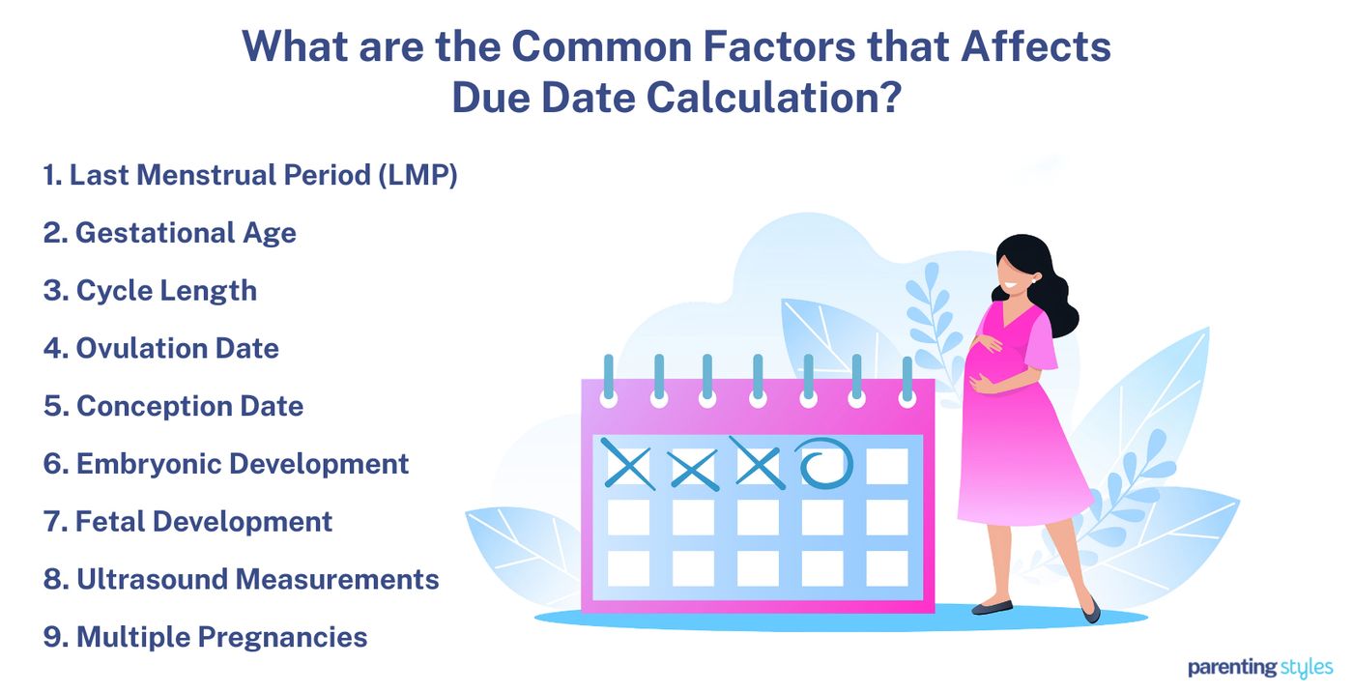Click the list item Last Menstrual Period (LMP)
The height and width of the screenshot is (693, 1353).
pyautogui.click(x=250, y=176)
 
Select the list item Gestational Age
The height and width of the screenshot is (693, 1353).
pyautogui.click(x=170, y=233)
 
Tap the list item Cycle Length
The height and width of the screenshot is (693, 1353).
pyautogui.click(x=151, y=291)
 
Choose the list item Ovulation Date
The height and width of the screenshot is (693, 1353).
pyautogui.click(x=161, y=348)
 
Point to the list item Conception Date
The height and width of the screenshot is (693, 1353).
pyautogui.click(x=174, y=406)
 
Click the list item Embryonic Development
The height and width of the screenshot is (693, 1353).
pyautogui.click(x=227, y=464)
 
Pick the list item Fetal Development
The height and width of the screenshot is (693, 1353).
pyautogui.click(x=188, y=522)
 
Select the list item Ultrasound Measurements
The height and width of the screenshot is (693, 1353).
pyautogui.click(x=242, y=580)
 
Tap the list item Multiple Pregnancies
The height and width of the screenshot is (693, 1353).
pyautogui.click(x=206, y=638)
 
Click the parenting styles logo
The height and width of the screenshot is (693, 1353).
pyautogui.click(x=1259, y=668)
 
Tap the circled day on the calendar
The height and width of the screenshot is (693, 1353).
pyautogui.click(x=825, y=464)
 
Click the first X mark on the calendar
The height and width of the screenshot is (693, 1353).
pyautogui.click(x=627, y=463)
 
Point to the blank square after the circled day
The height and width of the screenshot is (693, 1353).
pyautogui.click(x=886, y=466)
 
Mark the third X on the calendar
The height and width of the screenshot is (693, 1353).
pyautogui.click(x=758, y=461)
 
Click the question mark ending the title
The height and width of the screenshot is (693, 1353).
pyautogui.click(x=889, y=99)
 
